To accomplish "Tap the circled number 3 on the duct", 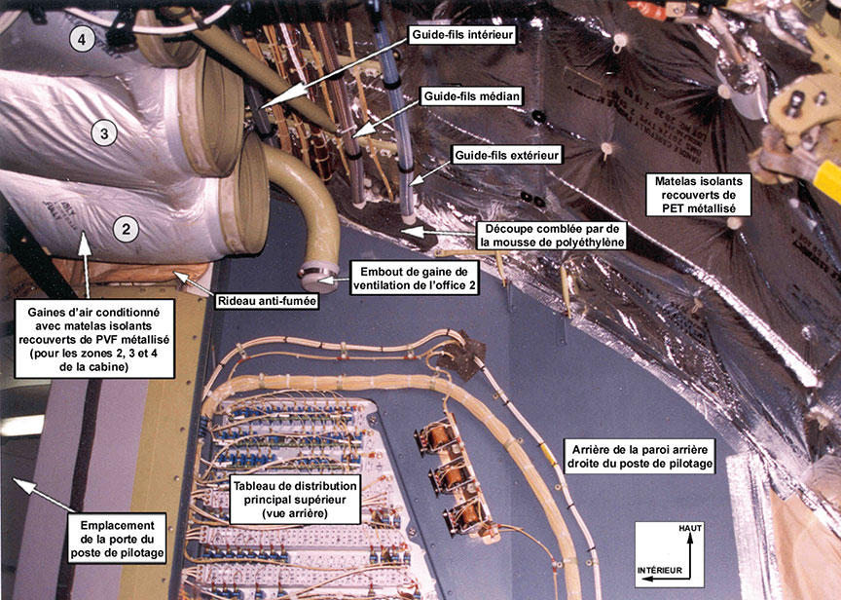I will point(107,133).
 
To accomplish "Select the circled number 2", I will point(125,230).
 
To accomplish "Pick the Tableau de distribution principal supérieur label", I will point(295,499).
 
